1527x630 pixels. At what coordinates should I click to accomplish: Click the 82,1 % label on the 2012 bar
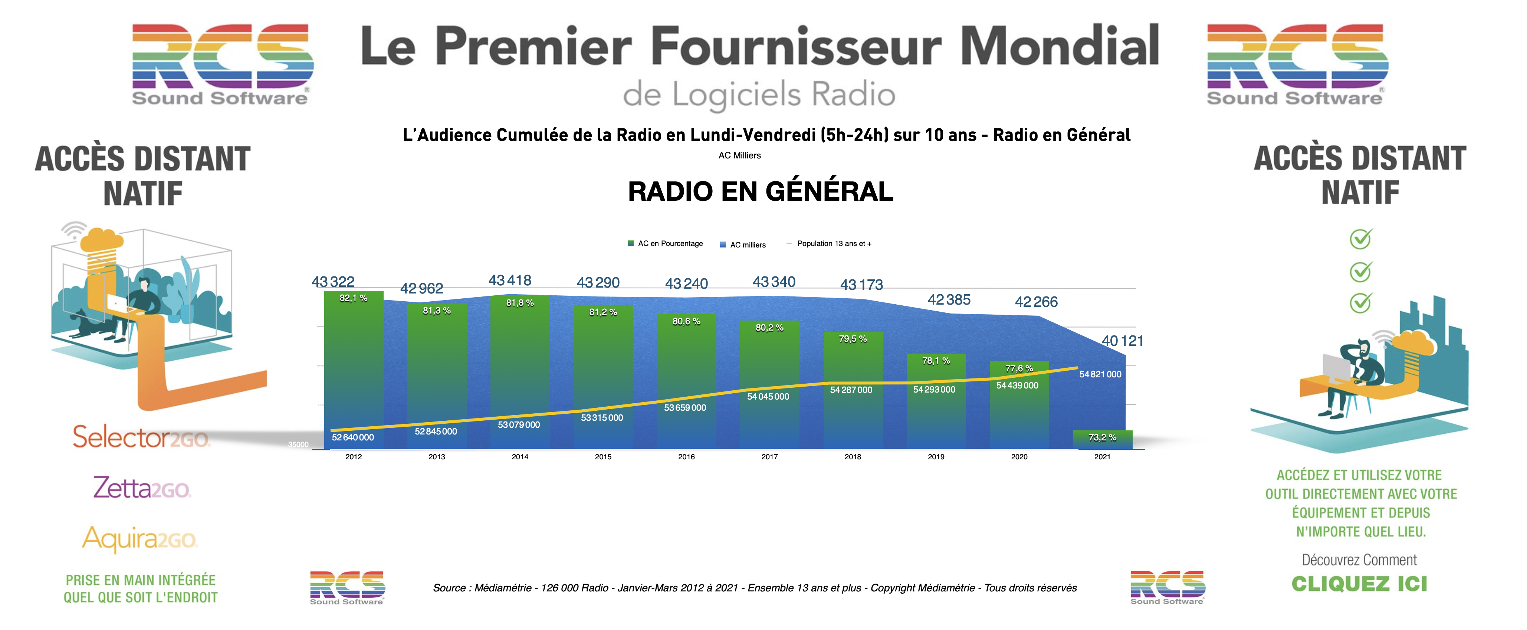[x=353, y=298]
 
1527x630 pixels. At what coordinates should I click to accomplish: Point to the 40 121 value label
[x=1122, y=341]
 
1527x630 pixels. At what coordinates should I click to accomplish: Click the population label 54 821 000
[x=1100, y=375]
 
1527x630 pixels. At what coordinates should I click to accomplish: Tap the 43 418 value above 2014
[x=510, y=280]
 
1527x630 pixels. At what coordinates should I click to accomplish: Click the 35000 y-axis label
[x=298, y=444]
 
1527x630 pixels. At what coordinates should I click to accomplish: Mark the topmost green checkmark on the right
[x=1360, y=239]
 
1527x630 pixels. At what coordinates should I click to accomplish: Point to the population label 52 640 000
[x=353, y=437]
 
